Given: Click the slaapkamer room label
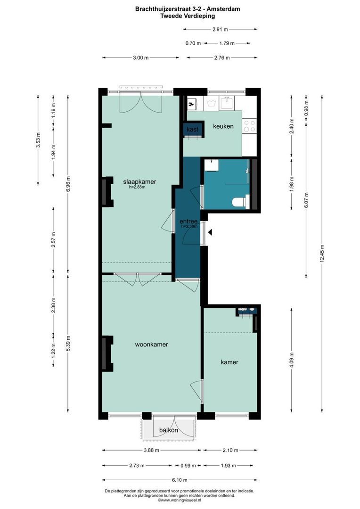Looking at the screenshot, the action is pyautogui.click(x=139, y=182).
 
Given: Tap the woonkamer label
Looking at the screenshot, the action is pyautogui.click(x=152, y=345).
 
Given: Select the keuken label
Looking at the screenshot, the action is pyautogui.click(x=223, y=126).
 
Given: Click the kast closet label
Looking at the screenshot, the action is pyautogui.click(x=193, y=129).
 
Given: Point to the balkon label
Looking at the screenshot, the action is pyautogui.click(x=169, y=430).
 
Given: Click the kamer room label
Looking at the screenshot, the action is pyautogui.click(x=229, y=362).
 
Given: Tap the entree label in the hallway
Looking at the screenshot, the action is pyautogui.click(x=188, y=222).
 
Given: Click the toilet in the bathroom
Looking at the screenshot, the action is pyautogui.click(x=240, y=202).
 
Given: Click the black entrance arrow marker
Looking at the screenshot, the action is pyautogui.click(x=210, y=232).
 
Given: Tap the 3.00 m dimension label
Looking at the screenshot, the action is pyautogui.click(x=141, y=58).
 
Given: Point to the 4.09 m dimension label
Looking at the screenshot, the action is pyautogui.click(x=291, y=360).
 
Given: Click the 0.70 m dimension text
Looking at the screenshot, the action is pyautogui.click(x=193, y=43).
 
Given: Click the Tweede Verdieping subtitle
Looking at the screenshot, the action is pyautogui.click(x=188, y=16).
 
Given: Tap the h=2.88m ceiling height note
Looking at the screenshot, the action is pyautogui.click(x=137, y=187).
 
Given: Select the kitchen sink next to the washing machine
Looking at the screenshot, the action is pyautogui.click(x=226, y=103).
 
